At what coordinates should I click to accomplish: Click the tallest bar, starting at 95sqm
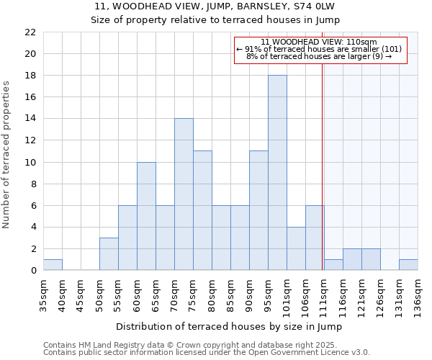(277, 173)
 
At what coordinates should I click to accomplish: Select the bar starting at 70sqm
(184, 194)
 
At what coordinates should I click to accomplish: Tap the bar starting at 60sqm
(146, 216)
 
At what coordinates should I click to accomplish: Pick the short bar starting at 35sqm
(53, 265)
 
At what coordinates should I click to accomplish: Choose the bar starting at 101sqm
(296, 248)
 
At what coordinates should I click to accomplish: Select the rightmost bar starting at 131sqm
(408, 265)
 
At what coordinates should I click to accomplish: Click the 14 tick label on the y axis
(30, 119)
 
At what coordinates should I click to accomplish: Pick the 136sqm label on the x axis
(418, 294)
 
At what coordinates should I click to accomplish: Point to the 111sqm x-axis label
(324, 294)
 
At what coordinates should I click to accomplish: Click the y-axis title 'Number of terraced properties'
(7, 155)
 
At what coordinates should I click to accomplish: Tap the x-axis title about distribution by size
(228, 326)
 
